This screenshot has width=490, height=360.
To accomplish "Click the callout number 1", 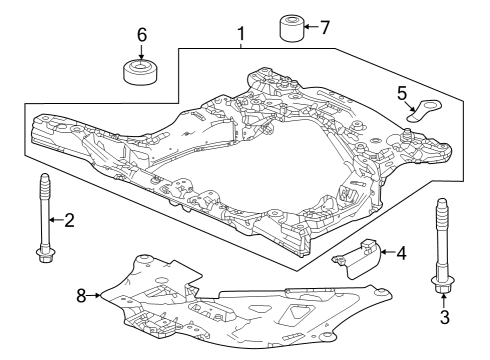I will [x=241, y=37].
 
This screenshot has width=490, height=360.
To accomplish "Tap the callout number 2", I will [x=69, y=220].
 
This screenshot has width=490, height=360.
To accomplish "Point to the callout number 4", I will [x=401, y=252].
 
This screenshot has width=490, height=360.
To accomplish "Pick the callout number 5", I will [x=401, y=94].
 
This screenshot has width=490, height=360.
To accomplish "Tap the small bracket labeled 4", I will [x=360, y=255].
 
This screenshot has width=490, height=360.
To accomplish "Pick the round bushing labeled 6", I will [x=140, y=72].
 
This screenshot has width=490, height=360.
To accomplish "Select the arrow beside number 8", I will [x=96, y=295].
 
